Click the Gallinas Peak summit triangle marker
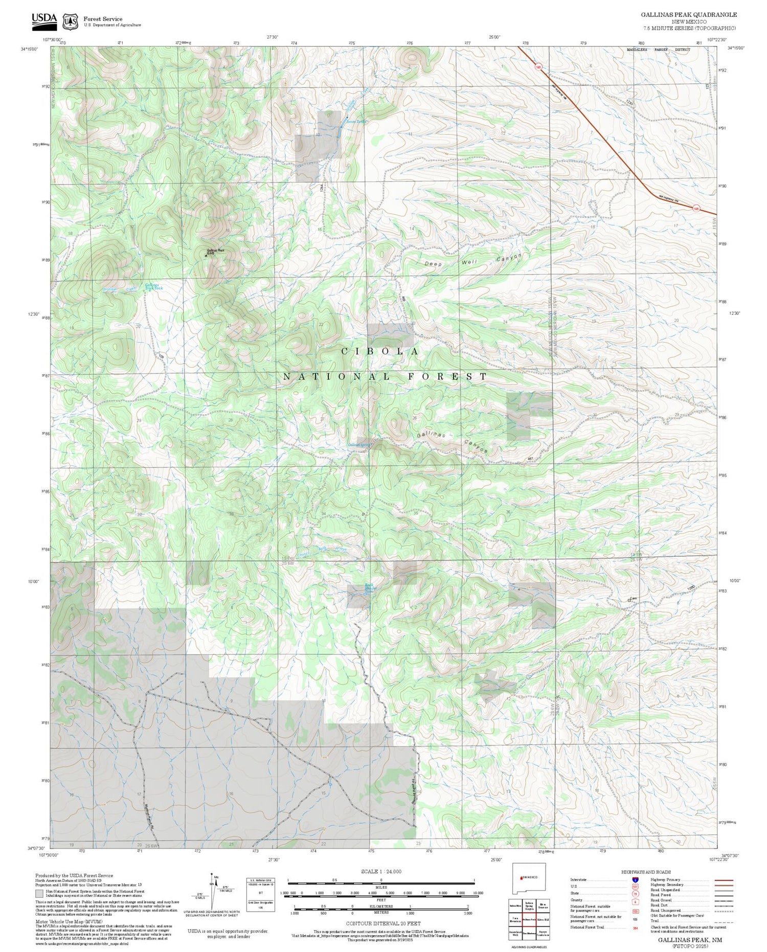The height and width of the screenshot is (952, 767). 206,255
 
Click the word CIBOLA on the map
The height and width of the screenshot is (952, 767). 380,352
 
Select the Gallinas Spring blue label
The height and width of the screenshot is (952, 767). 359,445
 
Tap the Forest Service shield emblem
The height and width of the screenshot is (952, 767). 70,21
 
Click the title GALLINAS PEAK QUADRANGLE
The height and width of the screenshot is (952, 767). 689,15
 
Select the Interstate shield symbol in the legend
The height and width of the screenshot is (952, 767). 635,880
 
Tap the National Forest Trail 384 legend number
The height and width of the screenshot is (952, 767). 635,927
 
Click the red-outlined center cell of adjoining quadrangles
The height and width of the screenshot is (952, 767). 529,919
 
